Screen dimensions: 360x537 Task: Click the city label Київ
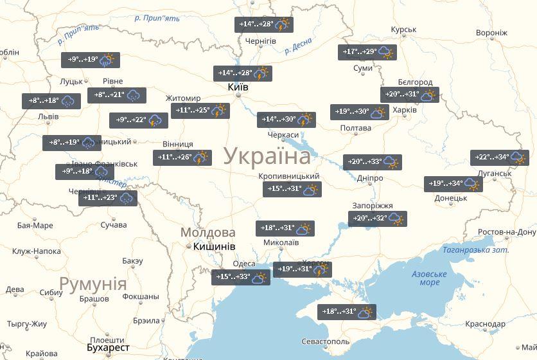click(238, 87)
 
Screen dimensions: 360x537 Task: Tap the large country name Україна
click(267, 156)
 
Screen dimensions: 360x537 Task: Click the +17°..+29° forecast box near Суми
click(367, 52)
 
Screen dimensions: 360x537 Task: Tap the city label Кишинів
click(213, 246)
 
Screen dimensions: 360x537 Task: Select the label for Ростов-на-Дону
click(507, 232)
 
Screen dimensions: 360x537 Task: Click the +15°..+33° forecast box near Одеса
click(241, 278)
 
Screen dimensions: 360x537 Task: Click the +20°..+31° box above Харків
click(410, 94)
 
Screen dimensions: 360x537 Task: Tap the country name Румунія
click(92, 283)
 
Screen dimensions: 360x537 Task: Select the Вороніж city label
click(491, 33)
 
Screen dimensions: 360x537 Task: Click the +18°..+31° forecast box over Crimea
click(348, 312)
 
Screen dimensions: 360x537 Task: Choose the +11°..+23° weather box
click(108, 198)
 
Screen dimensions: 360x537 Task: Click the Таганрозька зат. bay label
click(475, 249)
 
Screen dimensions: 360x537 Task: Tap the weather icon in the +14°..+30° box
click(305, 120)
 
